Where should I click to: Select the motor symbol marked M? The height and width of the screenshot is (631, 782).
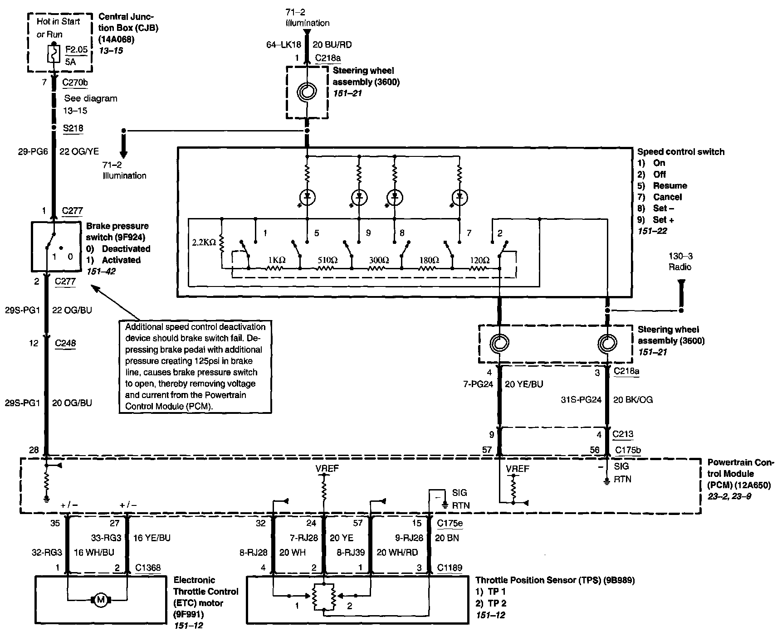[x=100, y=600]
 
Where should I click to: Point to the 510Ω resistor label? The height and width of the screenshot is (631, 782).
[x=327, y=261]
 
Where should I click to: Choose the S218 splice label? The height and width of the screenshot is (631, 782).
[x=73, y=128]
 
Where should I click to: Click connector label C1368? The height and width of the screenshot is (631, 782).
[x=148, y=568]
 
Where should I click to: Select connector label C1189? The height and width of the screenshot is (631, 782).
[x=450, y=568]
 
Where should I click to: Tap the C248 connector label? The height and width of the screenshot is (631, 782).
[x=66, y=343]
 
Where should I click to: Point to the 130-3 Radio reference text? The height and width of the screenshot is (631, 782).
[x=680, y=262]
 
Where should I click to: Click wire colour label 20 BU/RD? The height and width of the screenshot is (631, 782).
[x=332, y=44]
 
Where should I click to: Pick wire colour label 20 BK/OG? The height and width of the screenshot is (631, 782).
[x=633, y=400]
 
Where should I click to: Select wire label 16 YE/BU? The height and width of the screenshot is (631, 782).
[x=152, y=538]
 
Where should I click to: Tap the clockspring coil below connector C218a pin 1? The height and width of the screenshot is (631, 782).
[x=307, y=92]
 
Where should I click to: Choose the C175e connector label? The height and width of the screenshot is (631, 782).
[x=450, y=523]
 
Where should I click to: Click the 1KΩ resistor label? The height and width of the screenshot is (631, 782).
[x=276, y=261]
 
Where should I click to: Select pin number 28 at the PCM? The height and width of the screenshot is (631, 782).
[x=34, y=450]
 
